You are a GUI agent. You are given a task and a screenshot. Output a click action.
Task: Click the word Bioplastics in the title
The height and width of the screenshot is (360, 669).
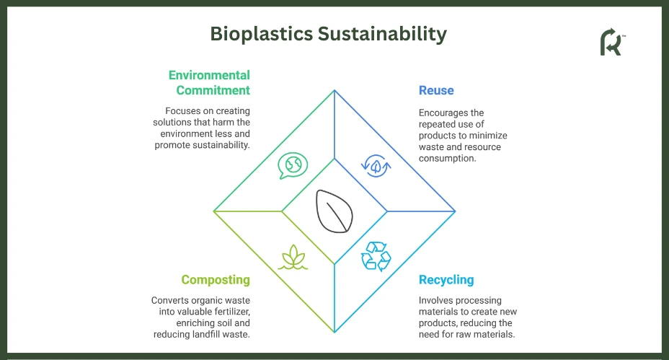(262, 34)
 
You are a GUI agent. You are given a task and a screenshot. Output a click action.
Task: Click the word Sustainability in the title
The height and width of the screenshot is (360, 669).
(382, 34)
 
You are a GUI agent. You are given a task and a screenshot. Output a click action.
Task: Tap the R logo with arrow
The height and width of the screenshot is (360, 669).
(612, 42)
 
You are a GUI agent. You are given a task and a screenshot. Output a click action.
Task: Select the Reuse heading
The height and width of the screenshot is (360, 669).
(436, 90)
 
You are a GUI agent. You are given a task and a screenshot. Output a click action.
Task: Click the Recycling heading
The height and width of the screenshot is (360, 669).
(446, 280)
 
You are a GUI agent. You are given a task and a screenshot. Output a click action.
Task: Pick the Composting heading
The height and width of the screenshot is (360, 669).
(216, 280)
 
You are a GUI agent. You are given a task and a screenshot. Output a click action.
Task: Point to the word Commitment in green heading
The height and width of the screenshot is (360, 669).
(213, 90)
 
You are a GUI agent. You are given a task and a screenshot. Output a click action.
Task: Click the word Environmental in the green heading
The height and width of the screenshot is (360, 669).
(209, 75)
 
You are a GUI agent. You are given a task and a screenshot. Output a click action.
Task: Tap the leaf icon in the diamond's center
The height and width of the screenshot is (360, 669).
(334, 211)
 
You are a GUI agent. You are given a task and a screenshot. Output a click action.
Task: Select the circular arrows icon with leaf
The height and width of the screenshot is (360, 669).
(376, 166)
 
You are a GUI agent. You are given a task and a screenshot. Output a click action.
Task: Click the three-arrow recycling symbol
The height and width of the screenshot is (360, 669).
(376, 256)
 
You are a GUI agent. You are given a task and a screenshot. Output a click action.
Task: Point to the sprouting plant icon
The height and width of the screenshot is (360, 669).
(293, 257)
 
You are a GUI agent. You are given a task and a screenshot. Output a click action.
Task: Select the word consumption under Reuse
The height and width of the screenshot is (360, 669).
(447, 159)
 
